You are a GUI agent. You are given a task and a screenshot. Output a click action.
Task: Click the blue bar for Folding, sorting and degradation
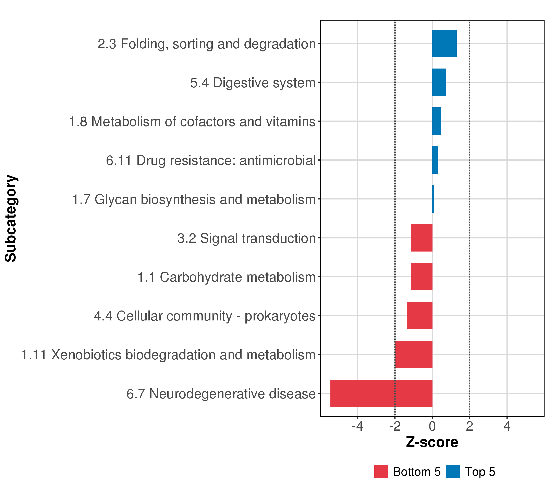444,44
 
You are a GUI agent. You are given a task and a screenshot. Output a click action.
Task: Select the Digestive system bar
439,82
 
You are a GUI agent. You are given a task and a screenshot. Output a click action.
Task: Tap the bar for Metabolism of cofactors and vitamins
437,121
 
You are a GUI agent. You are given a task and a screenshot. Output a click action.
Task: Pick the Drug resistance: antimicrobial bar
435,160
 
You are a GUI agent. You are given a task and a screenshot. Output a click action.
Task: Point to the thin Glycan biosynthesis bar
433,199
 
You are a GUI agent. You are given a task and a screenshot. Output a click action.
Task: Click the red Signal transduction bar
422,238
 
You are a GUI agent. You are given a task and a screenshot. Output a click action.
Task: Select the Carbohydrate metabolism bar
422,277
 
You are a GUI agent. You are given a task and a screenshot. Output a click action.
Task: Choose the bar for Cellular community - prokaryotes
420,316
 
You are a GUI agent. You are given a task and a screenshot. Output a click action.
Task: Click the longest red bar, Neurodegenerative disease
381,393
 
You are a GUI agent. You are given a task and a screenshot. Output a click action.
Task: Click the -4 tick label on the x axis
357,426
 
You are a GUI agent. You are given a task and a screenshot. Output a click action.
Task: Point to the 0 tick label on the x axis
432,426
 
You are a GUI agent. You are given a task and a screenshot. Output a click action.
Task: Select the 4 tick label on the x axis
507,426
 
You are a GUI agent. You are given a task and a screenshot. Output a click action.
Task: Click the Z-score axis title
432,442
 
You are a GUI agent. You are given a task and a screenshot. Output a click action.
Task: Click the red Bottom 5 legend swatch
381,471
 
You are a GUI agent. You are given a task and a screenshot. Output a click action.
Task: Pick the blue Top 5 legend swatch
453,471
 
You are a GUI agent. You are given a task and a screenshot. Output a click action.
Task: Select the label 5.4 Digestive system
253,83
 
